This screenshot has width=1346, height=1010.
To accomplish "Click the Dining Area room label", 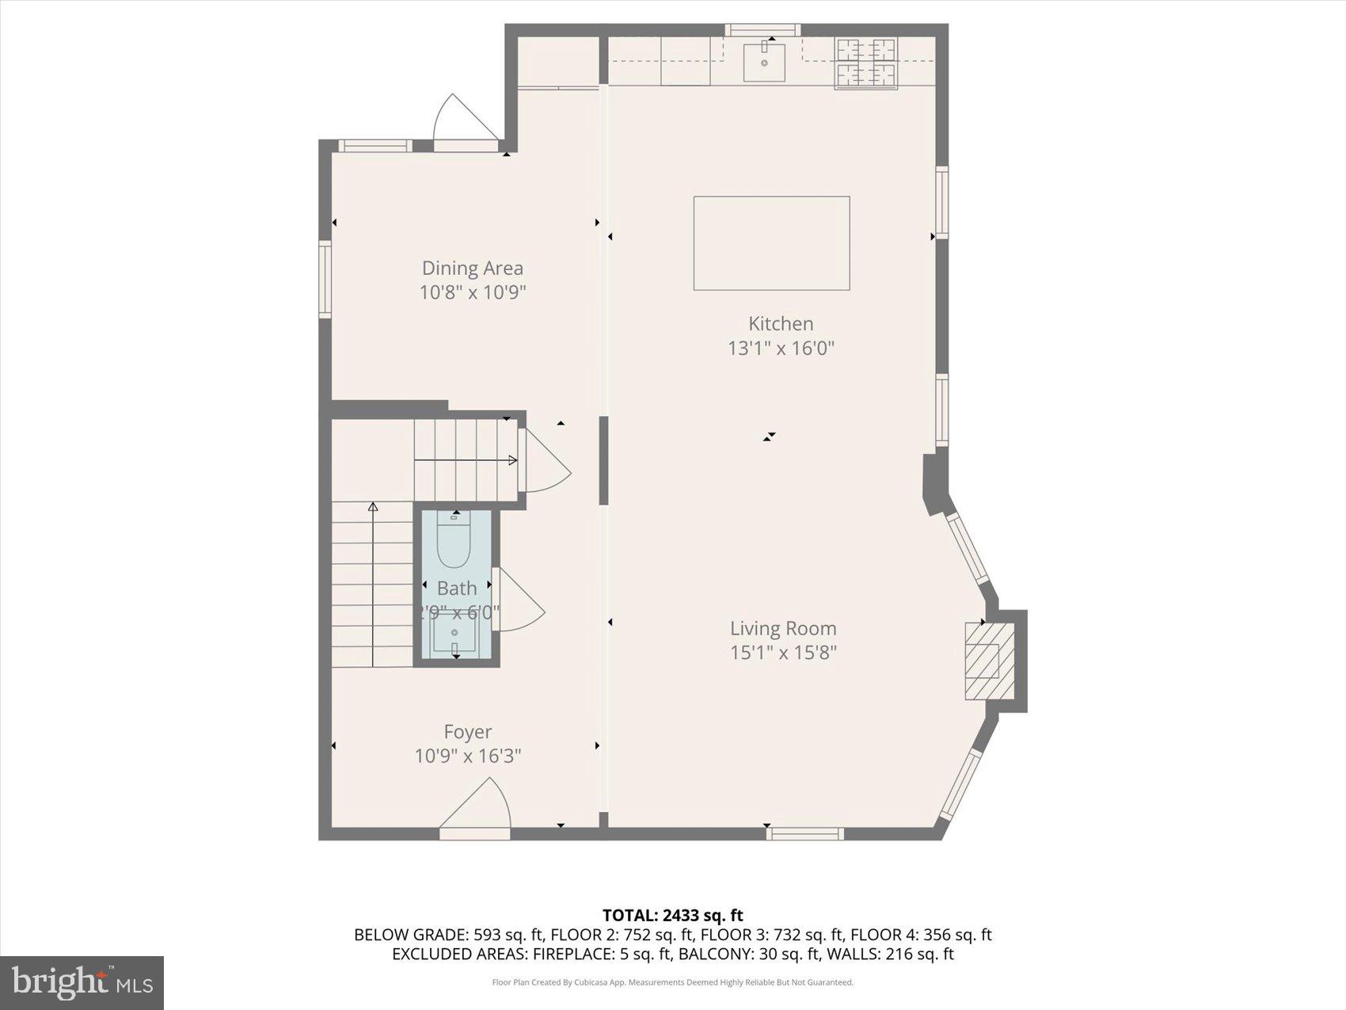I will click(472, 269).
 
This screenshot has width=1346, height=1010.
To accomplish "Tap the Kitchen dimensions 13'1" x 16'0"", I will click(781, 348).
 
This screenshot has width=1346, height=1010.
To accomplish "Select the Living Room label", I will click(783, 628).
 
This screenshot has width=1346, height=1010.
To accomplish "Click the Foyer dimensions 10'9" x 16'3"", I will click(467, 756).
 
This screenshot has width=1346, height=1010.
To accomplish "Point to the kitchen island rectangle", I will click(771, 243).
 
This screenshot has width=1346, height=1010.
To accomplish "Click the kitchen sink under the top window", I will click(764, 62).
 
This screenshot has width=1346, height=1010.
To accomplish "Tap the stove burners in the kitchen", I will click(865, 63).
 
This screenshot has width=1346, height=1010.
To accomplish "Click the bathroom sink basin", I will click(454, 633).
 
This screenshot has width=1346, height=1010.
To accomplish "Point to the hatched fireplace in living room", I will click(987, 661).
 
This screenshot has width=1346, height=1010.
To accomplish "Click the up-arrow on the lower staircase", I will click(373, 507).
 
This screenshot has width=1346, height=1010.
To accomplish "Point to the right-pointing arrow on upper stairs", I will click(512, 460).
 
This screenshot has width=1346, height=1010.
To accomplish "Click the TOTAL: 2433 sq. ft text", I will click(672, 916).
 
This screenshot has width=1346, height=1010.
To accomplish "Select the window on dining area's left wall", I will click(325, 280).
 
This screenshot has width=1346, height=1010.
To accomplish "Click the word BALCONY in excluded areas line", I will click(715, 954).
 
